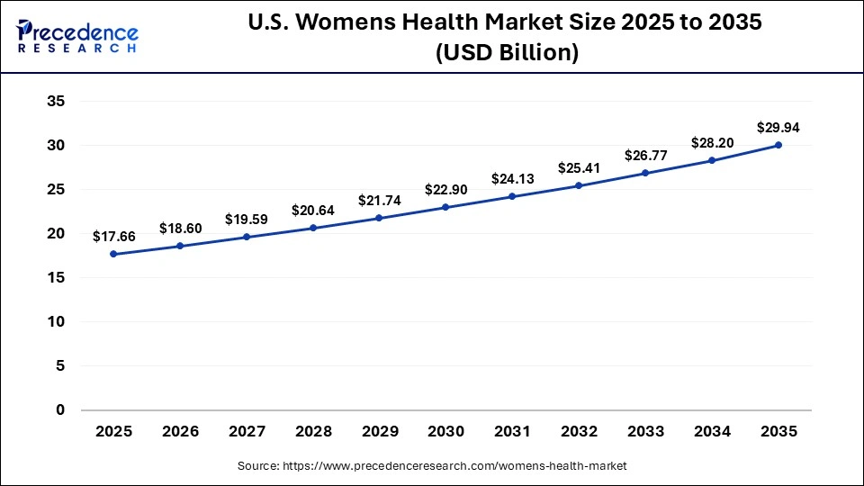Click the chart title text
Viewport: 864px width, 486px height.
[x=505, y=37]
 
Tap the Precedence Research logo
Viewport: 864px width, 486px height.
[x=76, y=37]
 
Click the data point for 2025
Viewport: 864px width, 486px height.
[x=113, y=254]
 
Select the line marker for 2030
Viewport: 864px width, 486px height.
[x=446, y=208]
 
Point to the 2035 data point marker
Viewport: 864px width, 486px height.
[x=778, y=145]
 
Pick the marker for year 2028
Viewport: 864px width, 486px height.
[x=313, y=228]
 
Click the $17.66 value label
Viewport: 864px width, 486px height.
[x=113, y=237]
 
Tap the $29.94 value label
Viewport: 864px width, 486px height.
[x=778, y=128]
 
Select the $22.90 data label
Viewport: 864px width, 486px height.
[x=446, y=190]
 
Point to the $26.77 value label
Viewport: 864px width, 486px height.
[x=645, y=156]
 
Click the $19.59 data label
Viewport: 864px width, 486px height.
[x=247, y=220]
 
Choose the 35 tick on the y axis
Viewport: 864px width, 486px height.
[x=56, y=102]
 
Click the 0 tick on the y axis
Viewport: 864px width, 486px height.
[x=60, y=410]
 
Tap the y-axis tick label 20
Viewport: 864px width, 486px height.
[x=56, y=234]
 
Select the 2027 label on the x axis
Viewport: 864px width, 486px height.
[x=247, y=432]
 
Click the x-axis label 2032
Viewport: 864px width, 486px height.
[x=579, y=432]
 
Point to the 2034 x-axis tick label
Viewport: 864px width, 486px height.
[x=712, y=432]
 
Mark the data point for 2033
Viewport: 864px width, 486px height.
[x=645, y=173]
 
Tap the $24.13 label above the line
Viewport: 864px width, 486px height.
[x=513, y=179]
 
